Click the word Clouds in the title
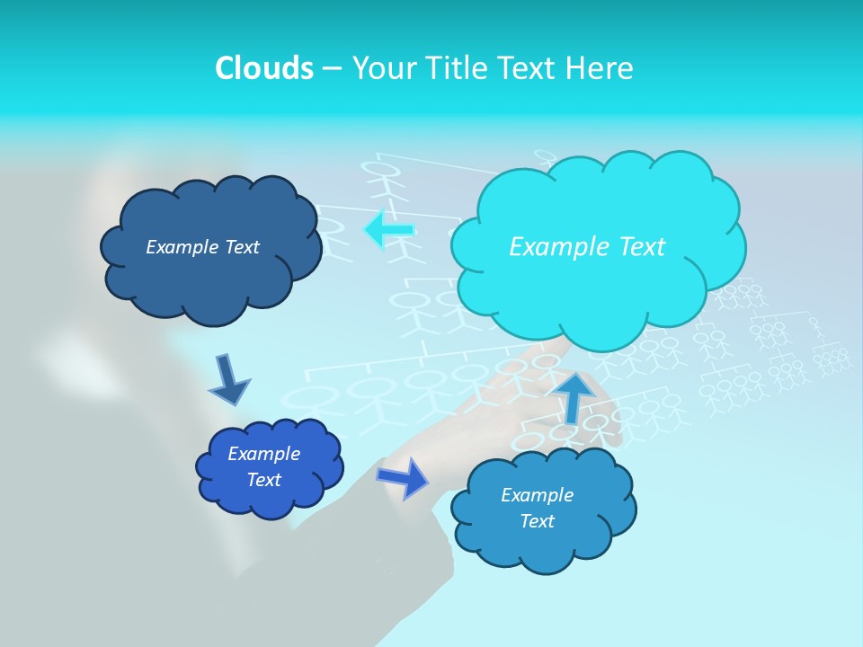coord(264,67)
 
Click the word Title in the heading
coord(457,67)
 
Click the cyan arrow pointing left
coord(389,230)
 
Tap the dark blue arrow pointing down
coord(228,380)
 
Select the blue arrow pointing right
coord(404,477)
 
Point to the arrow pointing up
coord(575,396)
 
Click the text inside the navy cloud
coord(202,246)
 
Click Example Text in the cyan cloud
coord(587,246)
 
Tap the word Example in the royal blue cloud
coord(263,454)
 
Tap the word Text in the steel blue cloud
coord(537,521)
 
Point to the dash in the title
coord(332,68)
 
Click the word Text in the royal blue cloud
coord(263,480)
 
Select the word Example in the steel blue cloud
coord(537,495)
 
